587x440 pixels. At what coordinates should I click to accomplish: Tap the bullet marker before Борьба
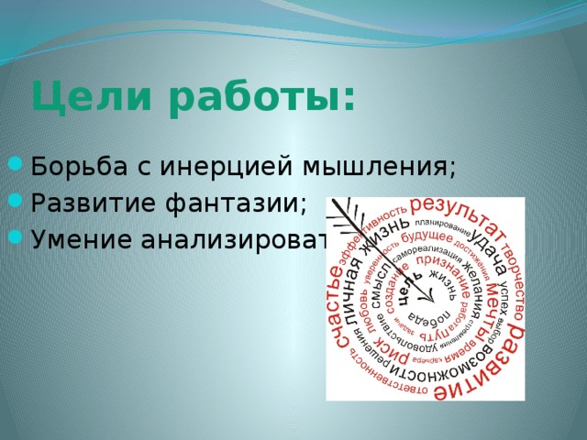16,168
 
